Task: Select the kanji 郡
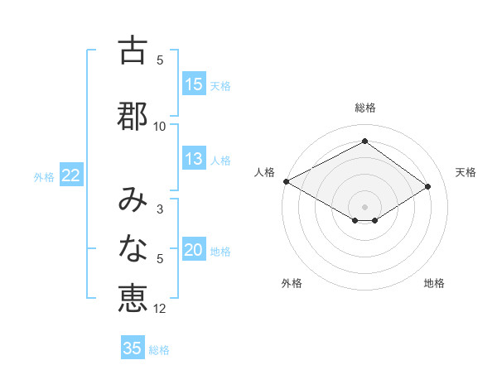click(x=133, y=115)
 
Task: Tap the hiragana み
click(x=133, y=198)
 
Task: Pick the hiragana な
click(x=133, y=247)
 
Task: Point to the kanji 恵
click(x=133, y=297)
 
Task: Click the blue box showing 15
click(x=194, y=84)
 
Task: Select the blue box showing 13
click(x=194, y=160)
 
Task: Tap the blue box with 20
click(x=194, y=251)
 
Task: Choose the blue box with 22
click(x=70, y=176)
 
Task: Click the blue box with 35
click(x=133, y=348)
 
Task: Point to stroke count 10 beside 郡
click(x=160, y=126)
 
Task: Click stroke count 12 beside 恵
click(x=160, y=309)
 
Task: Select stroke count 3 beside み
click(x=160, y=209)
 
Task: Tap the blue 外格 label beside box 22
click(x=44, y=177)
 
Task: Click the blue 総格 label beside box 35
click(x=159, y=350)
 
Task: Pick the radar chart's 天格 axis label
click(x=466, y=172)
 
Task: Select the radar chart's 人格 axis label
click(x=264, y=172)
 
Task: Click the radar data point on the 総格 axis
click(x=364, y=142)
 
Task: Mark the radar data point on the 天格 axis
click(x=427, y=186)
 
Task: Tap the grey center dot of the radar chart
click(x=364, y=205)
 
